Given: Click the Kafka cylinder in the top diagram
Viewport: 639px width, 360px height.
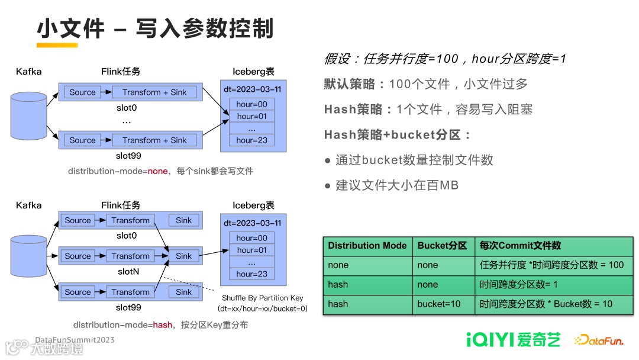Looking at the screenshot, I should [29, 115].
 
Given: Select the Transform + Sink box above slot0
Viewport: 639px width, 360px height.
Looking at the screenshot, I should [154, 92].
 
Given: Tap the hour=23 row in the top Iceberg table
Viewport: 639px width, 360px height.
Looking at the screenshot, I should [252, 140].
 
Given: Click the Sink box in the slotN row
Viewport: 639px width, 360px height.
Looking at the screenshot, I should [183, 256].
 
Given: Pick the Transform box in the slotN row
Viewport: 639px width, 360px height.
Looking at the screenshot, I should [130, 256].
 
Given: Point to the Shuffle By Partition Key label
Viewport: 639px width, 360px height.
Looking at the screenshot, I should [263, 298].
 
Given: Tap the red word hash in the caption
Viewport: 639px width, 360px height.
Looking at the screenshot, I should [163, 325].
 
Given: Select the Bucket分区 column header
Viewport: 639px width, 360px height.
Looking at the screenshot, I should [442, 246].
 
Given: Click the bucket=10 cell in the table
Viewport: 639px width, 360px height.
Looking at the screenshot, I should [438, 304].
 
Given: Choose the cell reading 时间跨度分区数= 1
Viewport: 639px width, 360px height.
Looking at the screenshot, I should [519, 285].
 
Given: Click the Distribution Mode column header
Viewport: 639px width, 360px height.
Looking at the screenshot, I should [367, 246].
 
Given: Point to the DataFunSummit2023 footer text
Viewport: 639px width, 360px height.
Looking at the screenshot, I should [75, 340].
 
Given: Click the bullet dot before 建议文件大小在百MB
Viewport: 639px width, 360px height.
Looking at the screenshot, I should [327, 186].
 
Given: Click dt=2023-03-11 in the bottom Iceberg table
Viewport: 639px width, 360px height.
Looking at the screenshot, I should [252, 223].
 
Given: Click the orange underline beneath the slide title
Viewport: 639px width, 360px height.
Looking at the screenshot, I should [57, 44].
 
